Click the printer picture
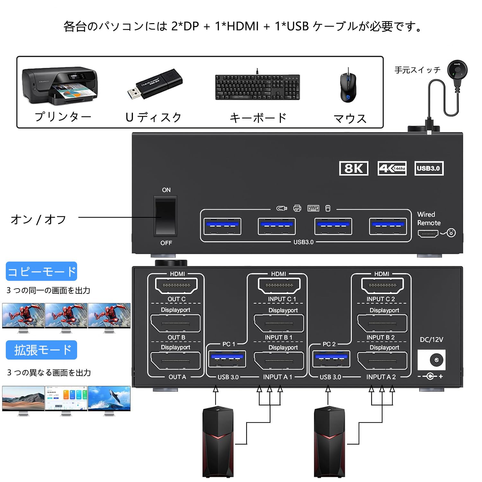pyautogui.click(x=59, y=86)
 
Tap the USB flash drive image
pyautogui.click(x=155, y=84)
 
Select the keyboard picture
pyautogui.click(x=257, y=87)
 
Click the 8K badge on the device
pyautogui.click(x=353, y=168)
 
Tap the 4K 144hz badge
pyautogui.click(x=392, y=168)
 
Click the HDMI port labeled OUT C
pyautogui.click(x=176, y=285)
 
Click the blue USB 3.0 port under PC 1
pyautogui.click(x=227, y=359)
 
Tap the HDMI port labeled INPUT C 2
pyautogui.click(x=382, y=285)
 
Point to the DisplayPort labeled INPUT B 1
pyautogui.click(x=279, y=323)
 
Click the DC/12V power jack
pyautogui.click(x=436, y=360)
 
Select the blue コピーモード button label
pyautogui.click(x=41, y=272)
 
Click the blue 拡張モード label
pyautogui.click(x=41, y=350)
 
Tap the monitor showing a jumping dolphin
pyautogui.click(x=109, y=398)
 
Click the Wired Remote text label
pyautogui.click(x=428, y=219)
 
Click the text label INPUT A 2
pyautogui.click(x=381, y=377)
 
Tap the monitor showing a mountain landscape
pyautogui.click(x=23, y=398)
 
